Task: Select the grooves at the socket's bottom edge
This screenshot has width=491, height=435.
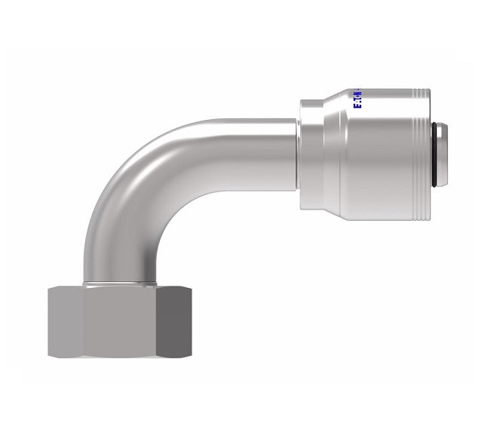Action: coord(419,219)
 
